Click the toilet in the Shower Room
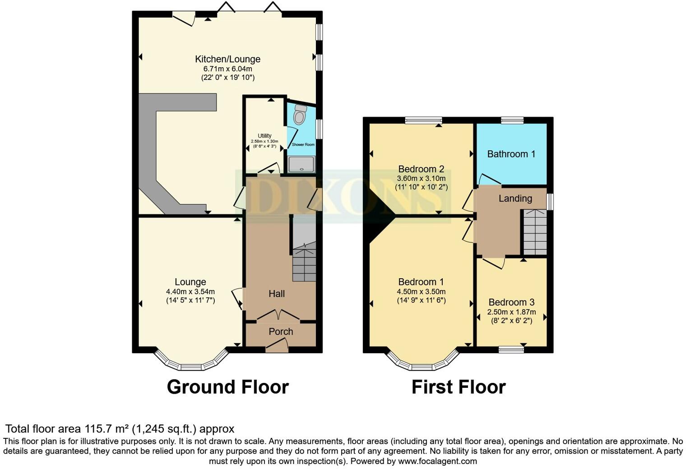(299, 115)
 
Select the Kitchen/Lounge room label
(227, 59)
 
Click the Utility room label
(264, 136)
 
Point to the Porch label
(281, 332)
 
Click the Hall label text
(277, 294)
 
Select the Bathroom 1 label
(511, 154)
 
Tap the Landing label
(515, 198)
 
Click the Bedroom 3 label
(511, 303)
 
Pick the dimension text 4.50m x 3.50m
(421, 292)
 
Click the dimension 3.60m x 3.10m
(421, 179)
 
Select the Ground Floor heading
(227, 387)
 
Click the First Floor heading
(458, 387)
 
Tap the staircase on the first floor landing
(535, 232)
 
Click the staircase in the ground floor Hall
(304, 262)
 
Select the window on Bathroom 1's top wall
(512, 120)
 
